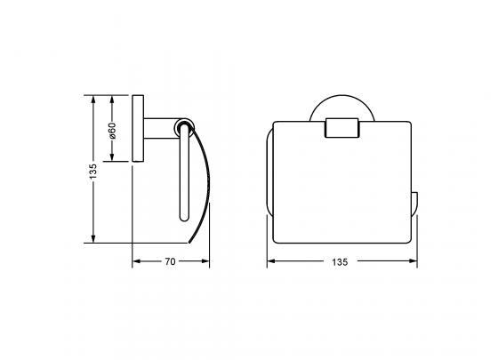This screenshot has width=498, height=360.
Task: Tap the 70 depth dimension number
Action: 170,261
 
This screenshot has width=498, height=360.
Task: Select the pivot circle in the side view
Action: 185,128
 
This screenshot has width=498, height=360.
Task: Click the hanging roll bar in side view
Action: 185,178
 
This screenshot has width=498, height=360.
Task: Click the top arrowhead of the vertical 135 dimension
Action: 93,97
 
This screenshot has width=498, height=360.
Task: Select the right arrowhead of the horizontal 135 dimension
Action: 413,261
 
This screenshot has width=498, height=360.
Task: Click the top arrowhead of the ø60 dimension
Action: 113,97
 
